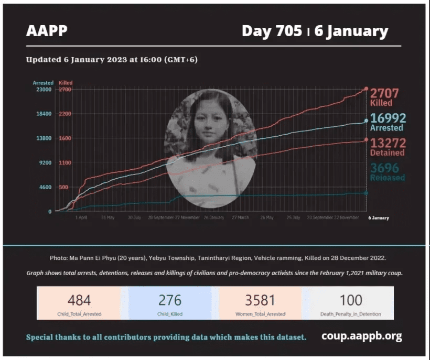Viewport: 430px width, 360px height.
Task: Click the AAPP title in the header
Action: click(x=47, y=31)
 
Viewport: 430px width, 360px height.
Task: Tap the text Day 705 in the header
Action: click(x=272, y=31)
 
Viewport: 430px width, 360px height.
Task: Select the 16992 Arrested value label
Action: click(x=388, y=122)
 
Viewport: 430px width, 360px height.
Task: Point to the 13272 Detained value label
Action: click(x=388, y=147)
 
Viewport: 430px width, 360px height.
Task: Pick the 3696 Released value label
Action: click(x=387, y=172)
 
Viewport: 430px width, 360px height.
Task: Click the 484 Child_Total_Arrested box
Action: click(x=79, y=303)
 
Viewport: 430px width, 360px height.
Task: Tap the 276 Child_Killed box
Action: click(x=169, y=303)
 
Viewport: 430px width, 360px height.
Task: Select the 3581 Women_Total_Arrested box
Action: click(x=260, y=303)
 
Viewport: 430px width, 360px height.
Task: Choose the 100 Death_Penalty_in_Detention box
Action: click(x=350, y=303)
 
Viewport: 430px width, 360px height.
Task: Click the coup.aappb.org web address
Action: click(x=362, y=336)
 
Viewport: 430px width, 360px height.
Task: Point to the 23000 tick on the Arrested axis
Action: click(x=43, y=90)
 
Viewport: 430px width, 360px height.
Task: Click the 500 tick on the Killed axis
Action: click(x=63, y=187)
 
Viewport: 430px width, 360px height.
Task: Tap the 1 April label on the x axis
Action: click(x=81, y=217)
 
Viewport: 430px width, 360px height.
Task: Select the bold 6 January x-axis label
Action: click(x=379, y=217)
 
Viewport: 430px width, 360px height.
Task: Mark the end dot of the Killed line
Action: click(x=366, y=89)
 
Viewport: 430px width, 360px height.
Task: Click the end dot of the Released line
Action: click(x=366, y=193)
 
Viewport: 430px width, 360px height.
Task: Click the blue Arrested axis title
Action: click(x=43, y=83)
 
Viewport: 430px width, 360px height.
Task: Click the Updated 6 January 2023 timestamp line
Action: click(x=112, y=60)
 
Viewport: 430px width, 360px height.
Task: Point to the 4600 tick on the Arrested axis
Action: click(x=45, y=187)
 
